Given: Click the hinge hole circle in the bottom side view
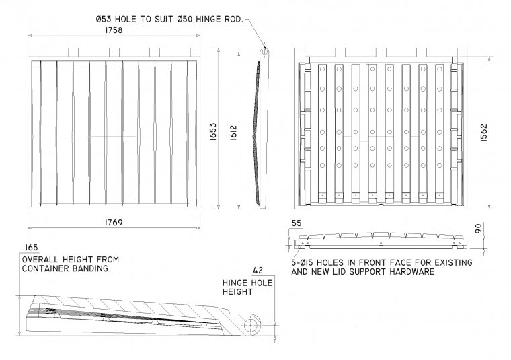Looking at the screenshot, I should click(x=252, y=326).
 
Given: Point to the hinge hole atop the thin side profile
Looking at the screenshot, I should click(x=265, y=50).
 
